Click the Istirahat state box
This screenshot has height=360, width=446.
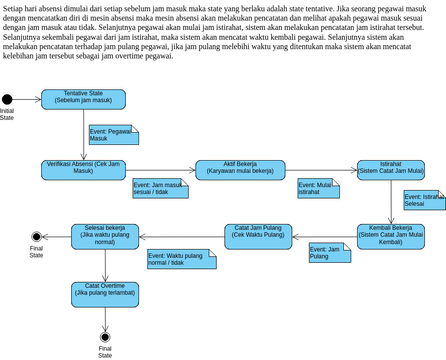(389, 167)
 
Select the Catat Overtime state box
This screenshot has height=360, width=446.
(105, 291)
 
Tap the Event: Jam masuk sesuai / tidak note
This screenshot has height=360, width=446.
(161, 188)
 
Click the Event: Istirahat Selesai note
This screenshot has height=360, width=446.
(424, 201)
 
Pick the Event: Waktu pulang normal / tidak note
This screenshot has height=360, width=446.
(181, 261)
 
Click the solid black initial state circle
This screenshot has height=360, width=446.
(7, 98)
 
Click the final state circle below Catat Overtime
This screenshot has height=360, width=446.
(105, 337)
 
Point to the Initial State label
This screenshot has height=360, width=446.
(7, 114)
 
